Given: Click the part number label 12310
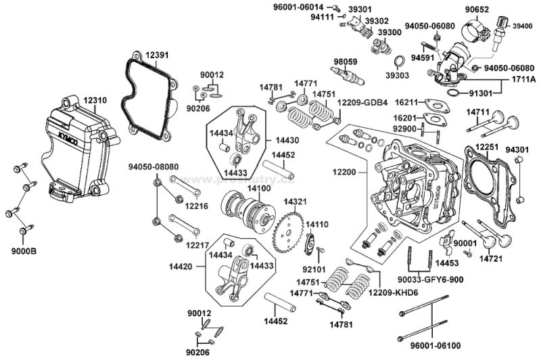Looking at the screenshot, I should pyautogui.click(x=95, y=101).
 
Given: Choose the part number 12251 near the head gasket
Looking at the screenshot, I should pyautogui.click(x=486, y=147).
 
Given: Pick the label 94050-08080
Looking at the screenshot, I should pyautogui.click(x=154, y=166).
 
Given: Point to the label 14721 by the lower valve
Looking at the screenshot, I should pyautogui.click(x=493, y=258).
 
